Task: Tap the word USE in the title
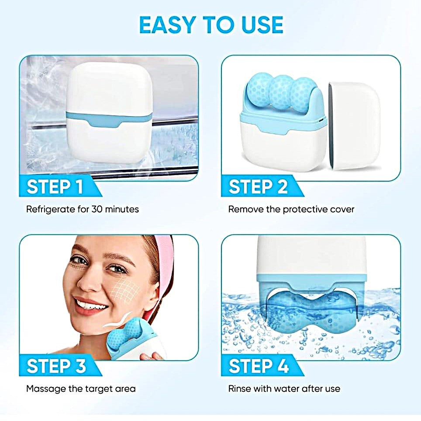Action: (x=262, y=25)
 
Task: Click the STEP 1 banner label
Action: (x=55, y=186)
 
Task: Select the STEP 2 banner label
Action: (x=258, y=186)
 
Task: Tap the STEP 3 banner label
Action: (x=56, y=366)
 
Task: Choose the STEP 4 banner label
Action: (x=259, y=366)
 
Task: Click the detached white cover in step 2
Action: (x=354, y=126)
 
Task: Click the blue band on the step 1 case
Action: (x=109, y=118)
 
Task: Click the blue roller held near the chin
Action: (x=127, y=334)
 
